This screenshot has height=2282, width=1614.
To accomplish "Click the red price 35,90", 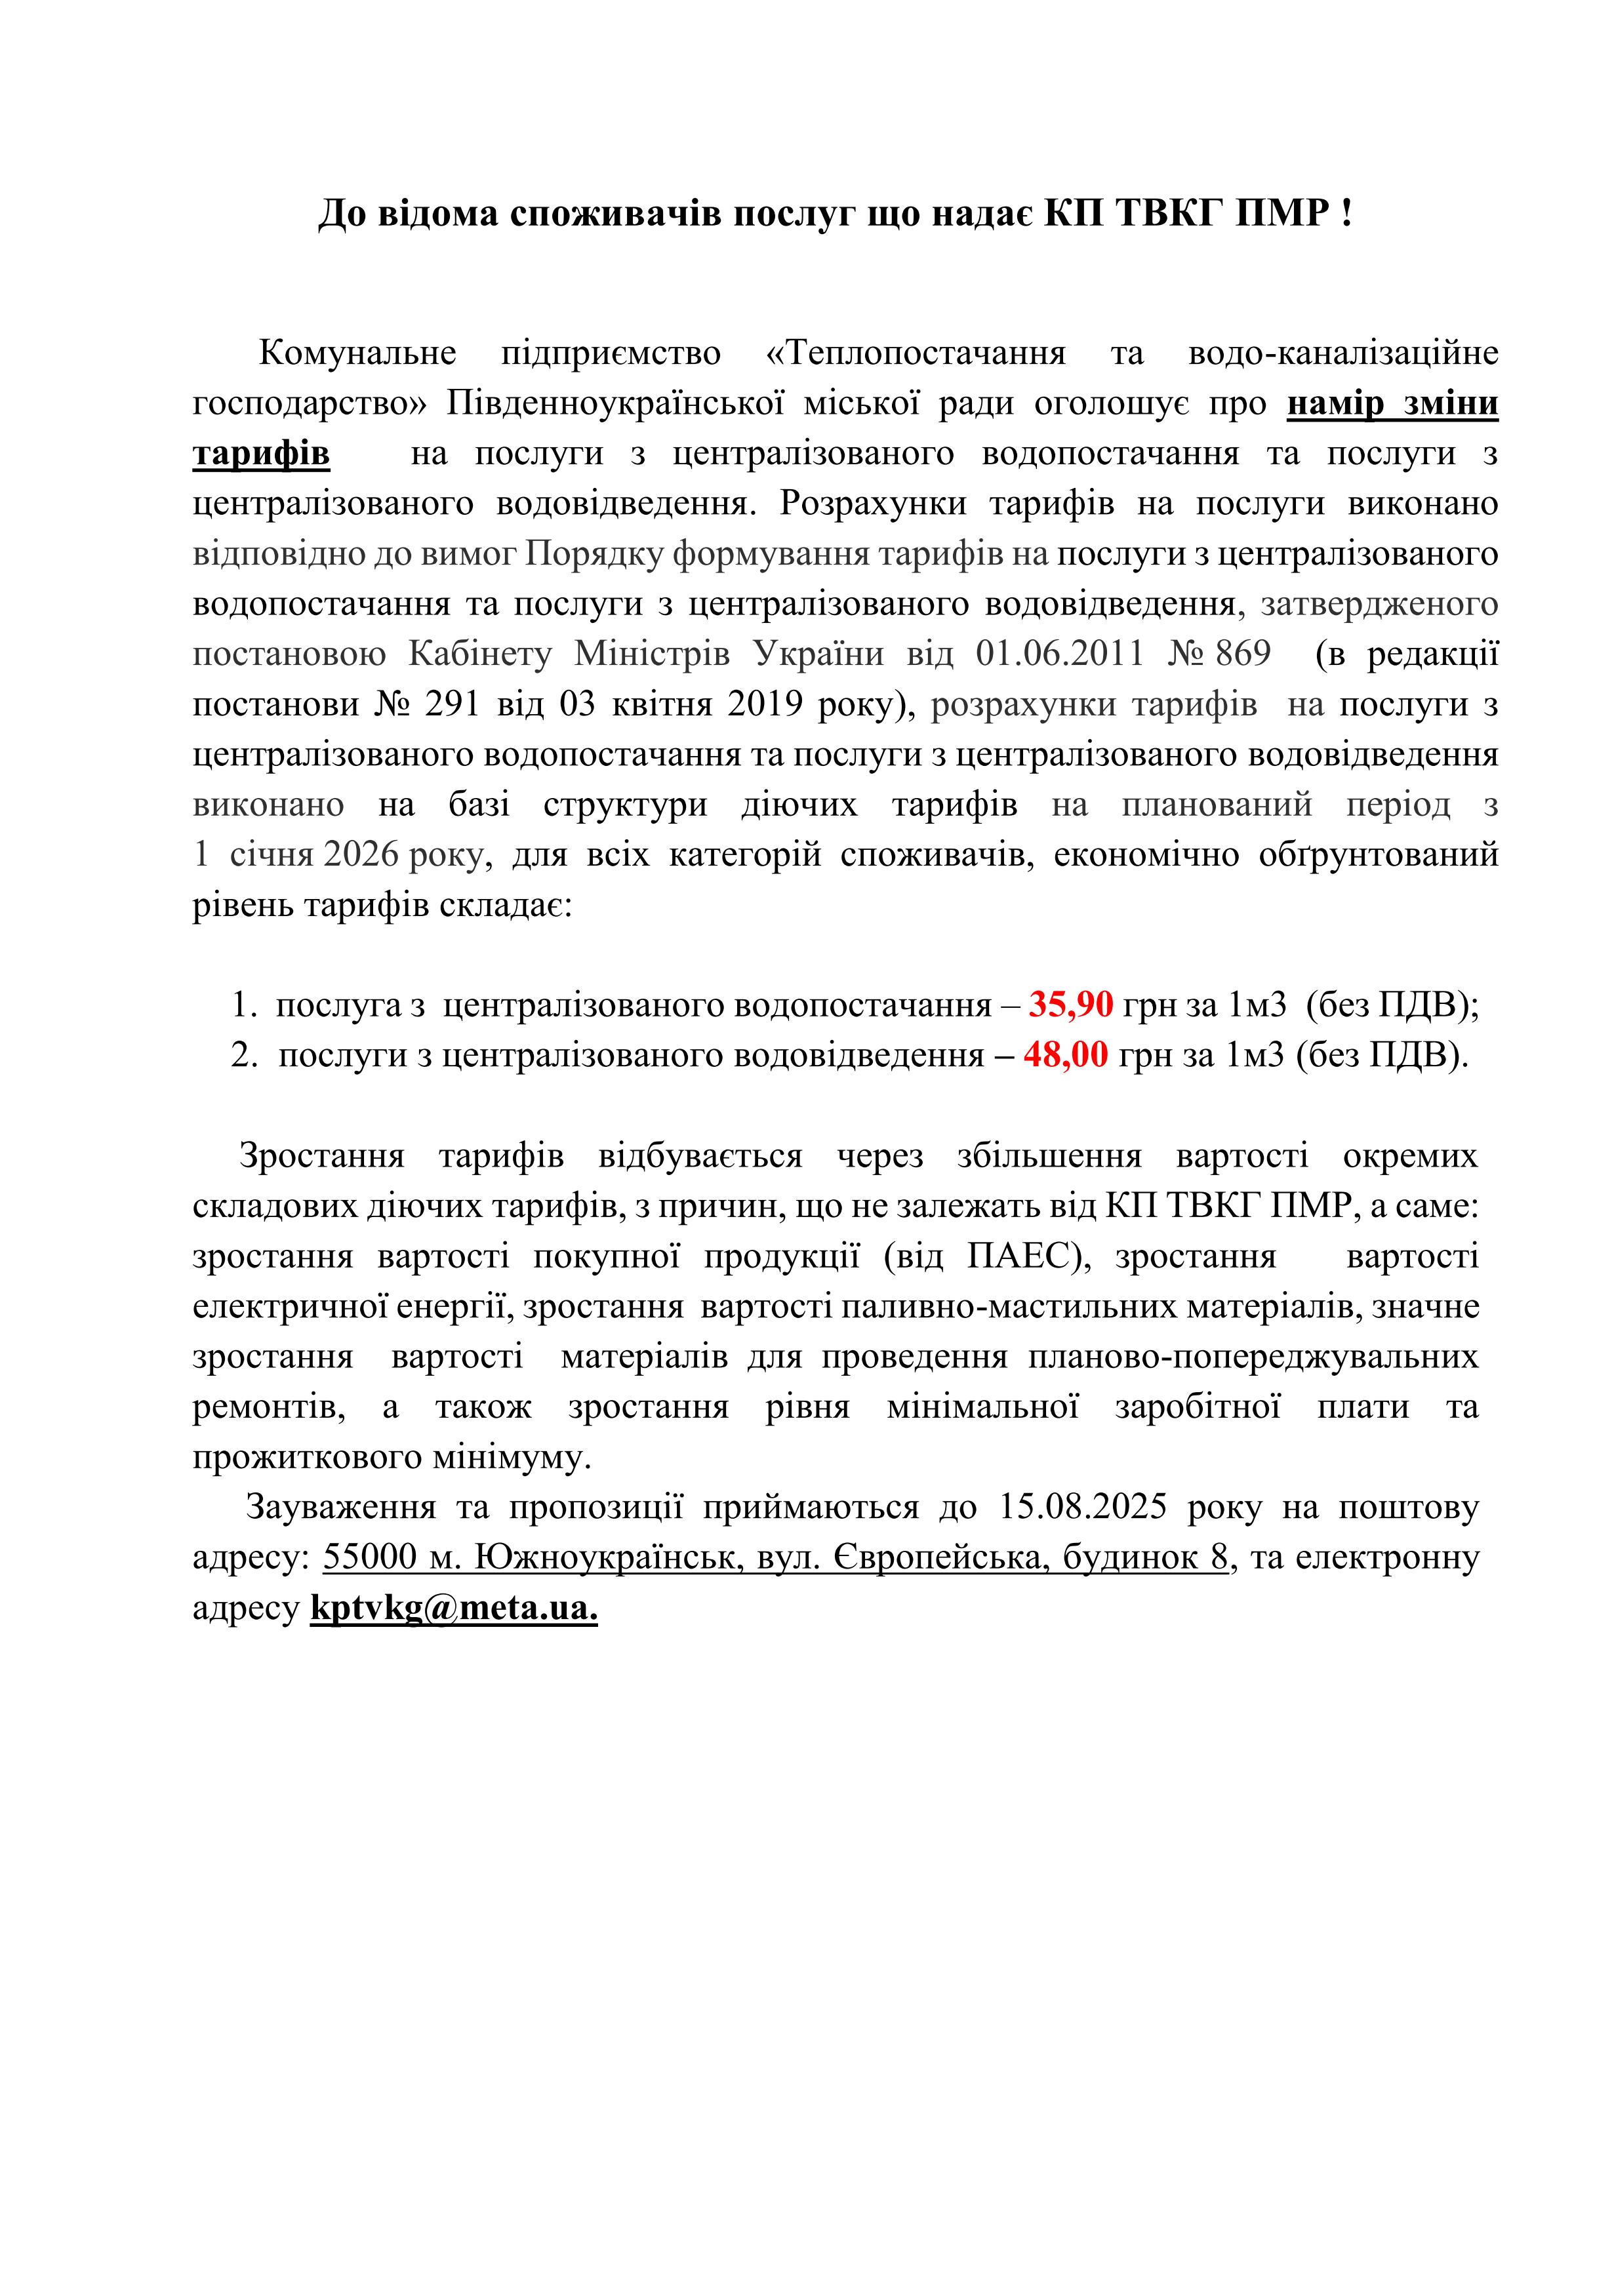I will (x=1070, y=1005).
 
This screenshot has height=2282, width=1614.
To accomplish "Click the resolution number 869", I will (x=1242, y=654).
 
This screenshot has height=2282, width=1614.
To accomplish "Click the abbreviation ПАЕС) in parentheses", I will (x=1028, y=1256).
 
